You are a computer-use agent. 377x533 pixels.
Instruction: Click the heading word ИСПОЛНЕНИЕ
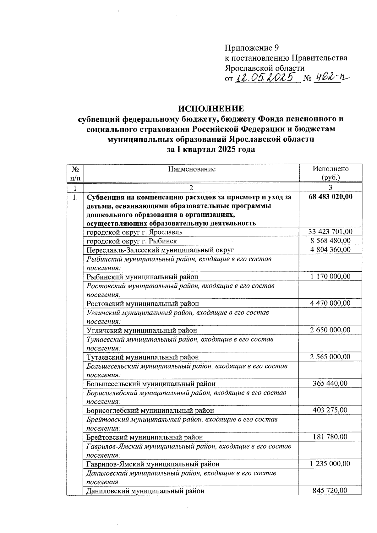211,109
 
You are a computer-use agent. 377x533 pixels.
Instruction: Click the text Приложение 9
252,48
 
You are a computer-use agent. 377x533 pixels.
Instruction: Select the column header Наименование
192,169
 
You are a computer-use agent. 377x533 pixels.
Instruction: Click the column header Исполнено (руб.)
331,173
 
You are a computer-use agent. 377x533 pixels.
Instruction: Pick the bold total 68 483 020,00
331,197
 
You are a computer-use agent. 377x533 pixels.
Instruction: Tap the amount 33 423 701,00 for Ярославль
331,232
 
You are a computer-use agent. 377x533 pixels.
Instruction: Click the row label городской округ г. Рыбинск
132,241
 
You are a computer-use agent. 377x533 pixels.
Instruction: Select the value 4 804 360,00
331,250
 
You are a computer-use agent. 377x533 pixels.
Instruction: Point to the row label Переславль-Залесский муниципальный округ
160,250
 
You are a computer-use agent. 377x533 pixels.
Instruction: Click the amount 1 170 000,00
331,276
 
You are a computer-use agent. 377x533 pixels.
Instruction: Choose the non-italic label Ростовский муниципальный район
143,303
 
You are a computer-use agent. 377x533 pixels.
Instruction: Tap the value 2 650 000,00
331,330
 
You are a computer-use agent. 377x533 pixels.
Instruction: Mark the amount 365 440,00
331,383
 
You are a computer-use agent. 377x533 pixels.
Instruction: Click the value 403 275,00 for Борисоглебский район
331,410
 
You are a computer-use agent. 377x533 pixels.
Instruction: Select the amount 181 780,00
331,437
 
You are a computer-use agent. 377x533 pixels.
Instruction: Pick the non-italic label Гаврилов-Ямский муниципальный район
153,464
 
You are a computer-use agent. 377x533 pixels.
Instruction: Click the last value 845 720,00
331,490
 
